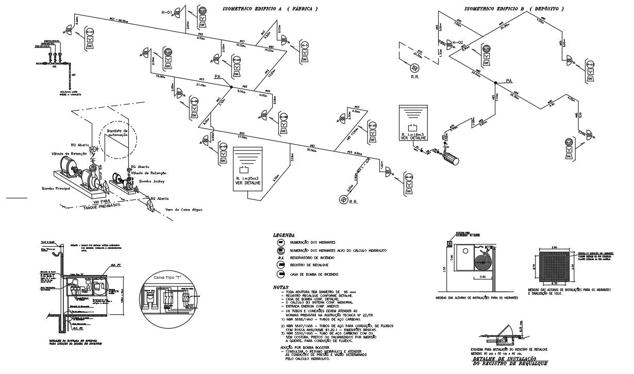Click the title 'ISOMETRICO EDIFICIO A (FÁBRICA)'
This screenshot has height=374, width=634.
pyautogui.click(x=269, y=9)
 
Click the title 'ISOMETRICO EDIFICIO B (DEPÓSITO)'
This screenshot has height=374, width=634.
pyautogui.click(x=514, y=9)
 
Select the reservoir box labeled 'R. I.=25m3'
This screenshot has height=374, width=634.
pyautogui.click(x=247, y=169)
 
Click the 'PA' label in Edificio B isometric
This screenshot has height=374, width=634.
pyautogui.click(x=509, y=81)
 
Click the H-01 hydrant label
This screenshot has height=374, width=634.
pyautogui.click(x=166, y=12)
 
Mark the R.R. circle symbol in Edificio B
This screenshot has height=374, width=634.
pyautogui.click(x=414, y=69)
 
